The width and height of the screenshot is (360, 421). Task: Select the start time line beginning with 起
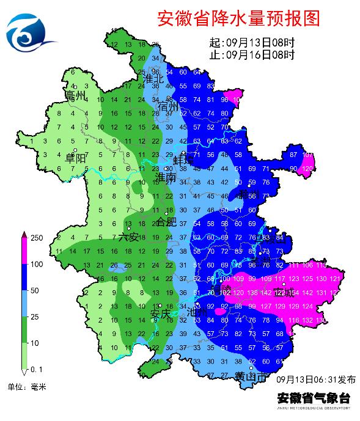(252, 43)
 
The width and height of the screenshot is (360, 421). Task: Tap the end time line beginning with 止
(252, 54)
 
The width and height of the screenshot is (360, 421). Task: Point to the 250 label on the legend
(37, 237)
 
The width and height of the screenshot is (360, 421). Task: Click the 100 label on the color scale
(37, 264)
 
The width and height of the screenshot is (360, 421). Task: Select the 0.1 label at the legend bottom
(36, 370)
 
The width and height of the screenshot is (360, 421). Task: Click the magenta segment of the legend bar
(24, 251)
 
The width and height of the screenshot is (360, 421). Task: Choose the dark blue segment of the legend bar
(24, 277)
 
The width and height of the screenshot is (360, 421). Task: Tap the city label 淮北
(153, 79)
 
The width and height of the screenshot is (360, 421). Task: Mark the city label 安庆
(161, 314)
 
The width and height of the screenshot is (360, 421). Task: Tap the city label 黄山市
(250, 378)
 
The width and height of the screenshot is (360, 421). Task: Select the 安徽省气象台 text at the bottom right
(314, 397)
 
